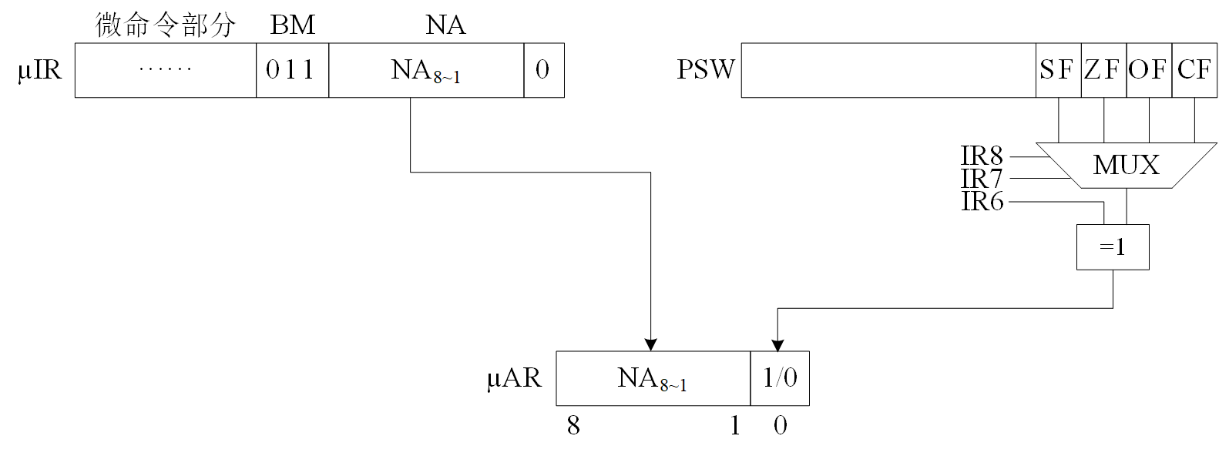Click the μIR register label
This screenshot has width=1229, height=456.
pos(39,70)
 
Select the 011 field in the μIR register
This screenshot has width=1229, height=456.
pos(292,70)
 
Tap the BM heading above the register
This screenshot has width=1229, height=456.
pos(292,25)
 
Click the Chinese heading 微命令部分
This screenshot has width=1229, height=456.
pos(165,25)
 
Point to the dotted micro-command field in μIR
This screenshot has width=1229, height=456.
pos(165,70)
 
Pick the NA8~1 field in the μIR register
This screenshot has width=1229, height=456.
pos(425,70)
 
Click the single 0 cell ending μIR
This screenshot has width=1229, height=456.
pos(543,70)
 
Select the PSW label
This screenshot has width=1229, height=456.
pos(705,69)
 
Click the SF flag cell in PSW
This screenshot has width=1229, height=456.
pos(1058,70)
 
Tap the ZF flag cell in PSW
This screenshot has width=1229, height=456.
pos(1103,70)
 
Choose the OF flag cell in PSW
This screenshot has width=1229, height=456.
pos(1148,70)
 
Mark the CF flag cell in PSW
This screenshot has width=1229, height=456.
pos(1194,70)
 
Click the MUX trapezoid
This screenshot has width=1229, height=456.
pos(1126,165)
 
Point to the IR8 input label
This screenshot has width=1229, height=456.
pos(982,156)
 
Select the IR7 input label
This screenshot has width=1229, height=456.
pos(982,179)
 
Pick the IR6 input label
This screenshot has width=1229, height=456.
pos(982,202)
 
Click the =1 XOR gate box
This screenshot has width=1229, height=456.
pos(1112,247)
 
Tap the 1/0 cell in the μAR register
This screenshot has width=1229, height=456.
pos(780,378)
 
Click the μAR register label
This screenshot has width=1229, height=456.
pos(514,378)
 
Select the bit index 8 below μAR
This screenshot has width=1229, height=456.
pos(573,425)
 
